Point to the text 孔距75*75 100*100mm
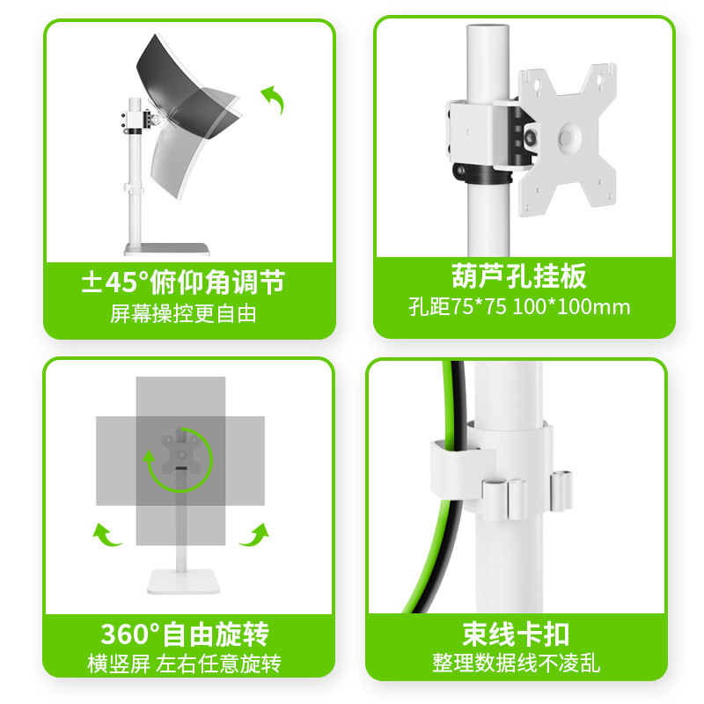(519, 307)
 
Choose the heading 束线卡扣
(517, 634)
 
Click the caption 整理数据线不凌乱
(517, 664)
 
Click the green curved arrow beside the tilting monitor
(275, 100)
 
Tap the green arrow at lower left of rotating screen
(107, 533)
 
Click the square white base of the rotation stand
(181, 581)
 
